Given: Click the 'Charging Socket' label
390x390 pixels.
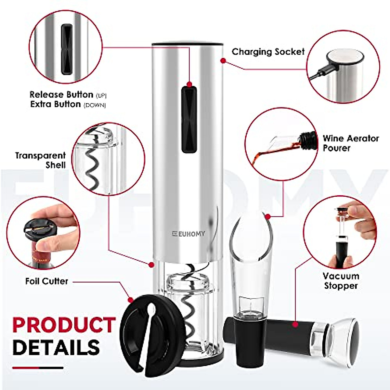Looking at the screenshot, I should click(268, 52).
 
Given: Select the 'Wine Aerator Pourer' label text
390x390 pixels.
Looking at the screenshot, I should click(350, 143).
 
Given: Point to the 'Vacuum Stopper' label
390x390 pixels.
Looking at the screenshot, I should click(341, 281).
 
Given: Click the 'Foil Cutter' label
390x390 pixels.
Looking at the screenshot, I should click(47, 281).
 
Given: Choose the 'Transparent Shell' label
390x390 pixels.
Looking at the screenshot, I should click(41, 160).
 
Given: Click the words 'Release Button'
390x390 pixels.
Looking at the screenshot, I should click(61, 95).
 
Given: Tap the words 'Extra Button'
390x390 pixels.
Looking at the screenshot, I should click(56, 104).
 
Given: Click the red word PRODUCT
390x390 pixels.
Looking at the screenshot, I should click(64, 325).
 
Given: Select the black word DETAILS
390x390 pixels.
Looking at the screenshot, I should click(56, 347).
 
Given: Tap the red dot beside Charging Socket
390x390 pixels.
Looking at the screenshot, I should click(223, 60).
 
